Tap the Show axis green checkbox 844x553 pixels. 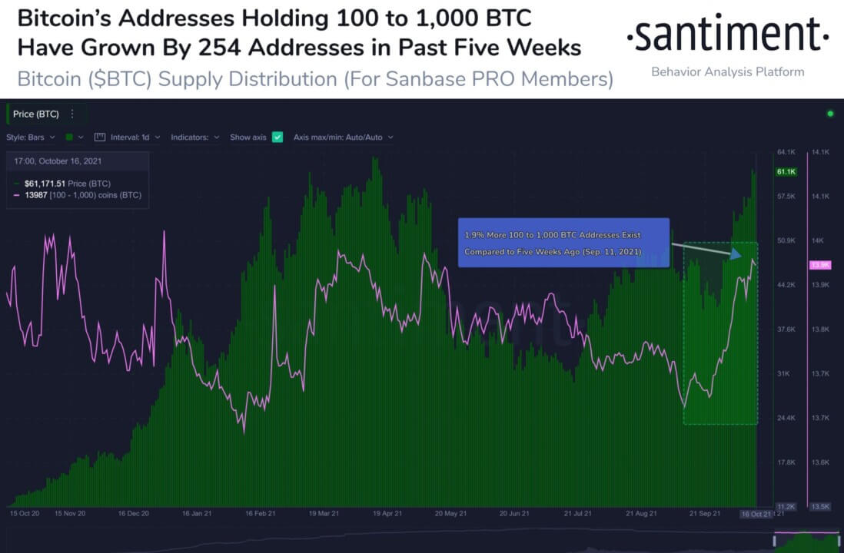277,137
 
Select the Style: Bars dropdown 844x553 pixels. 31,137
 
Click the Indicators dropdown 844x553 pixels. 195,137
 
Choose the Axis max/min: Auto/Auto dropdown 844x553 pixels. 344,137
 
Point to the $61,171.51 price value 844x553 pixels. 45,184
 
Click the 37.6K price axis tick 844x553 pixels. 786,329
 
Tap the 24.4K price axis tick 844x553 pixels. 786,418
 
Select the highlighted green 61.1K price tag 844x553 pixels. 786,171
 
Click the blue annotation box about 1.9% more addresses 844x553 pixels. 563,243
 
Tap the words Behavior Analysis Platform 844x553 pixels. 727,71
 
